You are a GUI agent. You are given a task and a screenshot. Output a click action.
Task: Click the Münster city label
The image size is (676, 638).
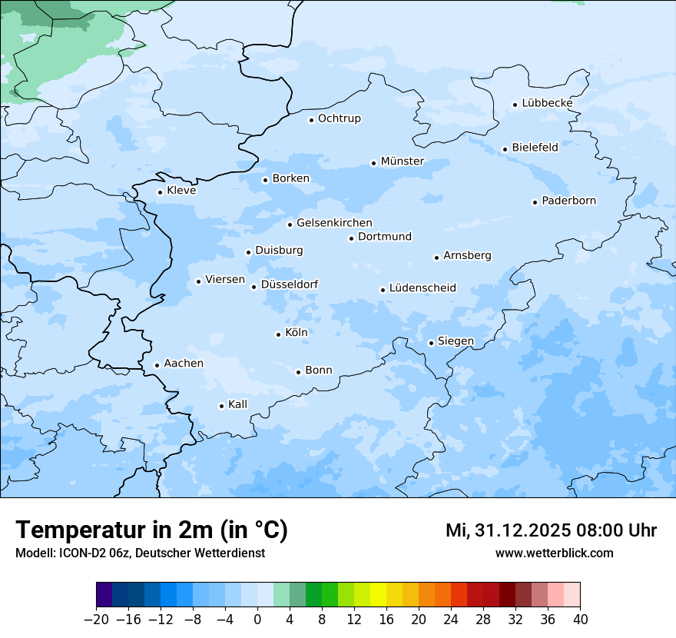coord(403,161)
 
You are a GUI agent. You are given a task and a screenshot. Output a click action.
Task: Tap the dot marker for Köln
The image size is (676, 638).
coord(278,334)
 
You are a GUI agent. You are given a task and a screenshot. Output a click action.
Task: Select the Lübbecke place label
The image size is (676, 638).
coord(547,103)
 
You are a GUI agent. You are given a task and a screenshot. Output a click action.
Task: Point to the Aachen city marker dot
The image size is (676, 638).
coord(157,366)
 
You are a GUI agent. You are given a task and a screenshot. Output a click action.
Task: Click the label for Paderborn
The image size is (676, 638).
coord(568,201)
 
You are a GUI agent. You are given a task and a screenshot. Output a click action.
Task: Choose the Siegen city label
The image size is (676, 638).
coord(456,341)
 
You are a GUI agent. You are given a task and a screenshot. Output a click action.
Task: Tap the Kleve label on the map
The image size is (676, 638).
coord(181,191)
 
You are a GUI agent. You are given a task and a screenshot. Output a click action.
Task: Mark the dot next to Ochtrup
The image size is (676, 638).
coord(311,120)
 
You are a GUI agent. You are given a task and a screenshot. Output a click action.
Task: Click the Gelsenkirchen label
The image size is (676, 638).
coord(334,223)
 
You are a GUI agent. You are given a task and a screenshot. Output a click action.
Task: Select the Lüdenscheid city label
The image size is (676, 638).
coord(422,288)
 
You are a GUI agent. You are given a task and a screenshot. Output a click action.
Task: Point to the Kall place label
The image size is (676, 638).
coord(238,404)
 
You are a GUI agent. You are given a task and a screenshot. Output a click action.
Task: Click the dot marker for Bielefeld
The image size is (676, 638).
coord(505,150)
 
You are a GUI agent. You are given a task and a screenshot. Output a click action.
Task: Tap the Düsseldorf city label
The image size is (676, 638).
coord(290,284)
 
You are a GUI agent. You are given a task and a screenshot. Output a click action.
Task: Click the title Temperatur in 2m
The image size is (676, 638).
coord(151,530)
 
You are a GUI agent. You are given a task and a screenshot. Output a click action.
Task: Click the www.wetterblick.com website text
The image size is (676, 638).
coord(555,553)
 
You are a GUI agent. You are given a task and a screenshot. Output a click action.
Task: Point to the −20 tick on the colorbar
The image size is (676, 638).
coord(97,620)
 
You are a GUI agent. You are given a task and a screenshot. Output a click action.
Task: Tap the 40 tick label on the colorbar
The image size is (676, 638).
coord(580,620)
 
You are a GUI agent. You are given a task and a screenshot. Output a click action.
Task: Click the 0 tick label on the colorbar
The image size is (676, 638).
coord(257,620)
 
